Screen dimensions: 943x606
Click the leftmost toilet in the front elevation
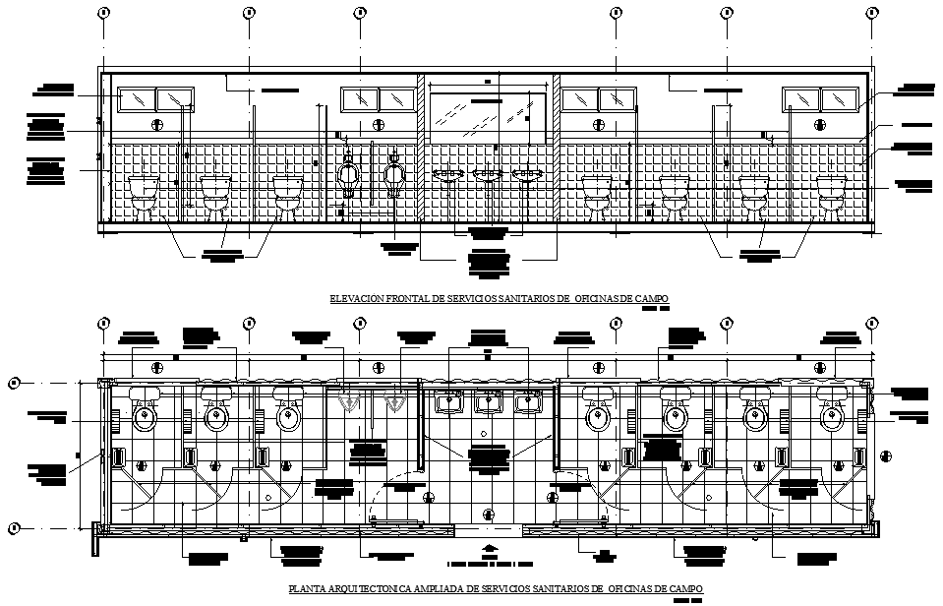tap(145, 193)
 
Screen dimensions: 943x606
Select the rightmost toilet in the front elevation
tap(832, 193)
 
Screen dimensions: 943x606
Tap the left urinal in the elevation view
tap(349, 177)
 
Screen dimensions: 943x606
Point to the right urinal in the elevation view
tap(395, 177)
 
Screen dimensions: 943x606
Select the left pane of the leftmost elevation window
tap(137, 99)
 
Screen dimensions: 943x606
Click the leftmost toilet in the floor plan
tap(145, 413)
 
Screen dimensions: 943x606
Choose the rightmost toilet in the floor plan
tap(832, 413)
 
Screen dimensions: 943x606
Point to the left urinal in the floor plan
tap(348, 403)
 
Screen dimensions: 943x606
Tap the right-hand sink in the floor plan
tap(530, 402)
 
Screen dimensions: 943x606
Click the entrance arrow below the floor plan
tap(489, 552)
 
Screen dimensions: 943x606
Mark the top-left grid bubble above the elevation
tap(103, 13)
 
